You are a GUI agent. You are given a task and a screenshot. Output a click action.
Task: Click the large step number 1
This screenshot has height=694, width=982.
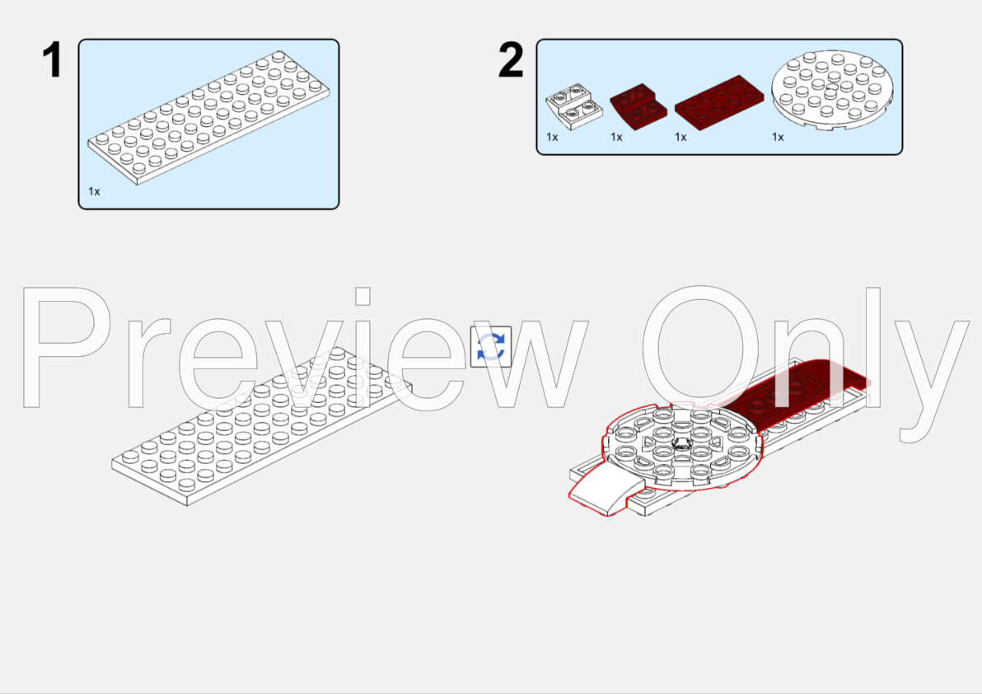pyautogui.click(x=53, y=61)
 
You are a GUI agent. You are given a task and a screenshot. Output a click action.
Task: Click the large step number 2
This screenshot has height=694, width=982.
pyautogui.click(x=511, y=61)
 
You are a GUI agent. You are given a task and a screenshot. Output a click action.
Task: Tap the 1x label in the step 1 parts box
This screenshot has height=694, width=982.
pyautogui.click(x=94, y=191)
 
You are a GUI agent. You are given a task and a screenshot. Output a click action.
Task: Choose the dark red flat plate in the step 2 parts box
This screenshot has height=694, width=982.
pyautogui.click(x=718, y=101)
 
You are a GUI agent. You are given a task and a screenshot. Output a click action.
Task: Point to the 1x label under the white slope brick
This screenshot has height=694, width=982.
pyautogui.click(x=552, y=137)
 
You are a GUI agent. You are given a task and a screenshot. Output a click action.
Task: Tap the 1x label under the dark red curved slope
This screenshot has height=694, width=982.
pyautogui.click(x=616, y=137)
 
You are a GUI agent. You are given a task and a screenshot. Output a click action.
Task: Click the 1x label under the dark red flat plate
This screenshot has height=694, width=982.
pyautogui.click(x=680, y=137)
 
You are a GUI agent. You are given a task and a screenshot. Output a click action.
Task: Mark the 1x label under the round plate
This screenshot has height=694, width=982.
pyautogui.click(x=778, y=137)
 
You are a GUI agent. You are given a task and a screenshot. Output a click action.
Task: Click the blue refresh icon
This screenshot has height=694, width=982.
pyautogui.click(x=490, y=347)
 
